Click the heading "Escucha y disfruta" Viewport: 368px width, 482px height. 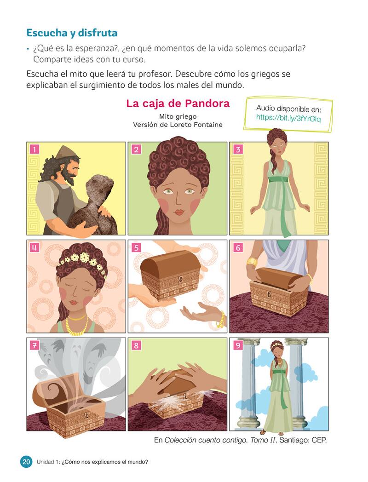tap(72, 33)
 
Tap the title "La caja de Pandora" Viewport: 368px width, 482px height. tap(178, 103)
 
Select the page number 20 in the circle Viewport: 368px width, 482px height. tap(26, 462)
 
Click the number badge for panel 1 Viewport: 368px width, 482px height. tap(34, 149)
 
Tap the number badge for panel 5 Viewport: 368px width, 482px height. tap(136, 248)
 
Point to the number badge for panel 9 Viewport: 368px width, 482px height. tap(238, 345)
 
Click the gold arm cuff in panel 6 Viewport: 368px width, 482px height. tap(252, 262)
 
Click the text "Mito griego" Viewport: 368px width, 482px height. tap(178, 116)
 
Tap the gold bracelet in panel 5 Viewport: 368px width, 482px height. tap(220, 319)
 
